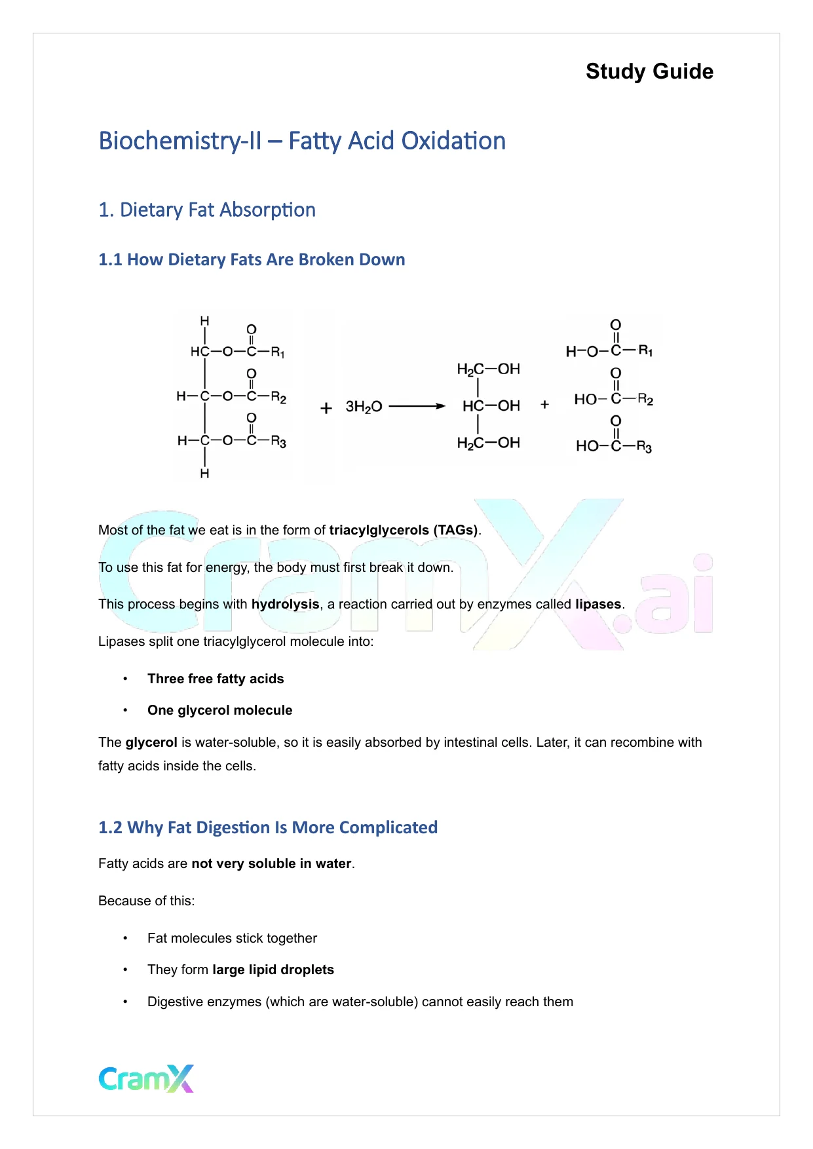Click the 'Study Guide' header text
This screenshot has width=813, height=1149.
point(649,71)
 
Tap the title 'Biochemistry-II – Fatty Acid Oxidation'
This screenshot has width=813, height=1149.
point(302,141)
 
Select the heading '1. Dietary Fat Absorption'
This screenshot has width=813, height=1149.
point(207,210)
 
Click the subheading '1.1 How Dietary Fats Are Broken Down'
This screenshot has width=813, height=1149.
point(252,259)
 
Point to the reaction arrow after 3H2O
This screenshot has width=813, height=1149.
point(417,406)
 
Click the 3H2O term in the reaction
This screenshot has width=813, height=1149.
point(364,407)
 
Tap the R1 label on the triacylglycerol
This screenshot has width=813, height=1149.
point(278,352)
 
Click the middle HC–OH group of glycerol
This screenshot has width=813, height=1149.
point(491,406)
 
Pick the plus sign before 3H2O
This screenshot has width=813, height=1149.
point(326,408)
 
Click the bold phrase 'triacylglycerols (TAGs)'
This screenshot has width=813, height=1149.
point(404,530)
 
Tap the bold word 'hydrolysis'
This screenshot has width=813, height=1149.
point(285,604)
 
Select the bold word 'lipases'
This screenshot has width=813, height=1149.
point(598,604)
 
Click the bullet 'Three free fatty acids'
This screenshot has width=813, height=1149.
point(216,679)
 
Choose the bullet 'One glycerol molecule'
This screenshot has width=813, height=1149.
point(219,710)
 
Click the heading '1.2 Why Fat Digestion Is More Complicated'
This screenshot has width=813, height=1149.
point(268,827)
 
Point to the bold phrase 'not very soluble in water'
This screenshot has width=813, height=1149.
point(271,863)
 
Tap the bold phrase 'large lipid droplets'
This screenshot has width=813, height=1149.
point(273,970)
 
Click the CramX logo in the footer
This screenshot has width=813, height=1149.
point(146,1078)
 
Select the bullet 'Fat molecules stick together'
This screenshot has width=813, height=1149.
point(232,938)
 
